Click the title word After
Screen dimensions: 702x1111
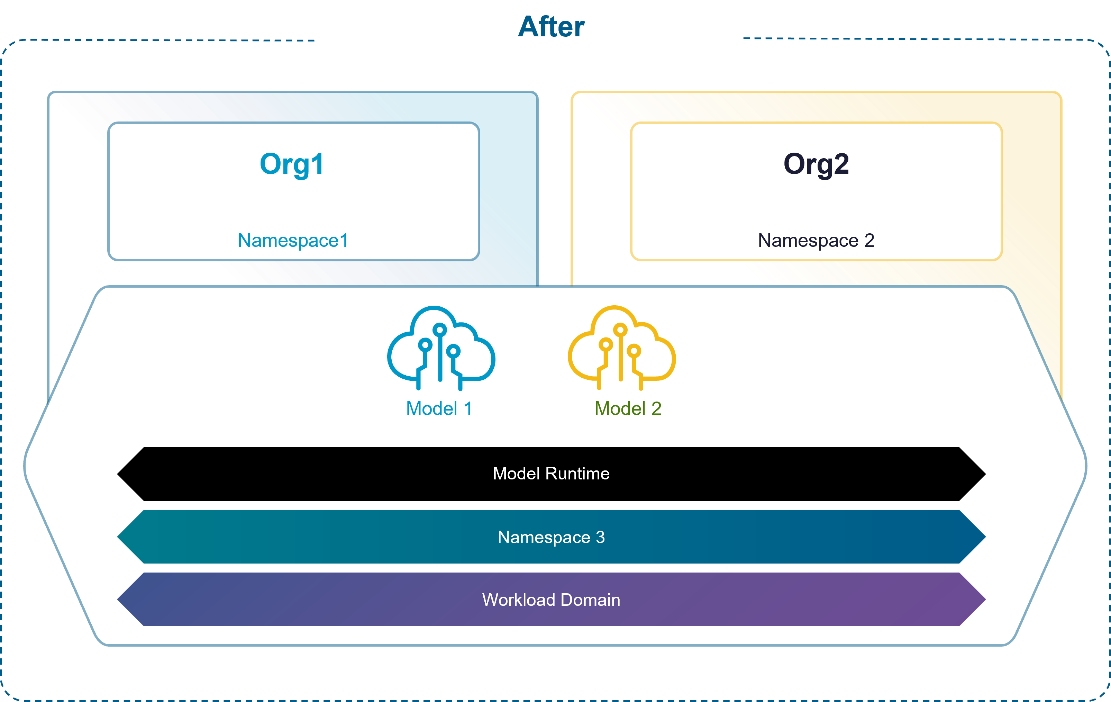551,27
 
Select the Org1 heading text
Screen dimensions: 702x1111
292,164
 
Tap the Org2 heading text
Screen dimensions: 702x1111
816,164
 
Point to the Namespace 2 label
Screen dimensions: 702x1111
816,241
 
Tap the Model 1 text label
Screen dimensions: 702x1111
439,408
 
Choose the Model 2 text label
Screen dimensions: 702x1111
628,408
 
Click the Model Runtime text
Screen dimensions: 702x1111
551,474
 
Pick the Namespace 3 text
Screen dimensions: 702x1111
551,537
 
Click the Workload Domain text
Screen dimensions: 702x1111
551,600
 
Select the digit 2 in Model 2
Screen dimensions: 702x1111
656,408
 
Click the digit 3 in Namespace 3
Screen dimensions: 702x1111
600,537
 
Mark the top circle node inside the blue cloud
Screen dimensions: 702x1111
440,330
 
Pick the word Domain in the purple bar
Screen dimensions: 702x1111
591,600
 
